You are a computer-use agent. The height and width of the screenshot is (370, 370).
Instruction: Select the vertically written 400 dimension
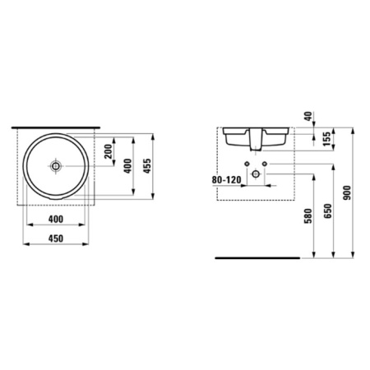[x=127, y=167]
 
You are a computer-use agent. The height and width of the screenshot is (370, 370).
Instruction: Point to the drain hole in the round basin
[x=57, y=166]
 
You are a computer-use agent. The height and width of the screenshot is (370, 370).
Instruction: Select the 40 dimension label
[x=308, y=117]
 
